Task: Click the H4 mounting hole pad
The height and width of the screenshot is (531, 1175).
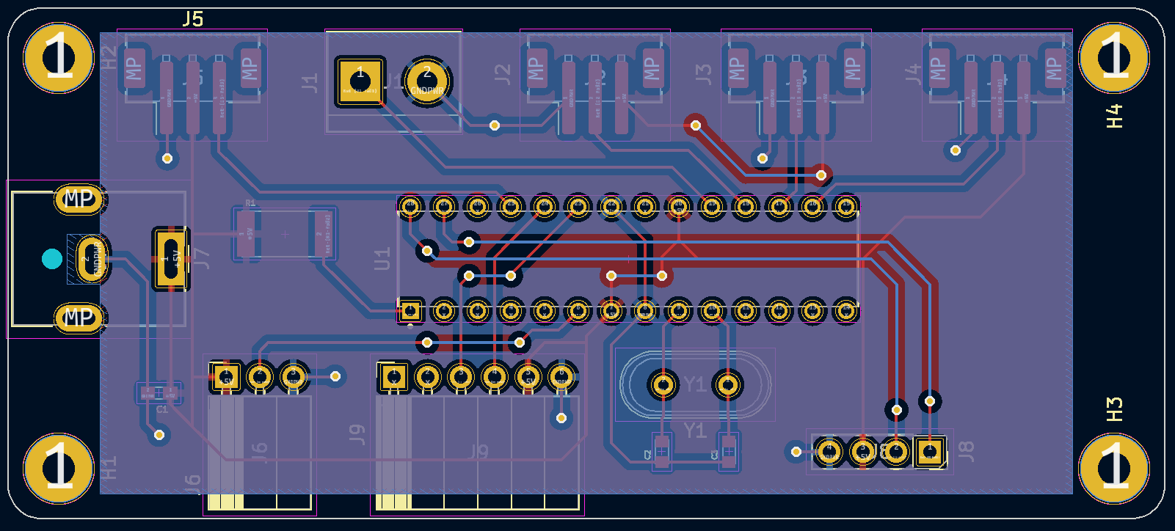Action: (x=1114, y=58)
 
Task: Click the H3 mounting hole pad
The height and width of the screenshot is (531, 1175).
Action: (x=1114, y=468)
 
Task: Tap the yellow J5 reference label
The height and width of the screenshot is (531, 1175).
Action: (x=193, y=19)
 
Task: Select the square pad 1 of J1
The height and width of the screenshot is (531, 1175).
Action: (x=360, y=81)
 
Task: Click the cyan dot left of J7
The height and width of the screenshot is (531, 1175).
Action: (x=51, y=258)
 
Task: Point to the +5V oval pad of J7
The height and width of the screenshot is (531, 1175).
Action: (x=171, y=258)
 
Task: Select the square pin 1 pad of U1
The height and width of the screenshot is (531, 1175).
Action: (x=410, y=311)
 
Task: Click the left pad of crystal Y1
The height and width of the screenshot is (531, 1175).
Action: (x=663, y=384)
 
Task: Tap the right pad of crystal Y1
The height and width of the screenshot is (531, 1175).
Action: (x=727, y=384)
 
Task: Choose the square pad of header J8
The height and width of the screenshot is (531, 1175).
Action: (x=930, y=452)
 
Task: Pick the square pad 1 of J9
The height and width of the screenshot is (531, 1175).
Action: (x=393, y=378)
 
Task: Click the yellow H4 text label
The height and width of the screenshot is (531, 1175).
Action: (x=1114, y=116)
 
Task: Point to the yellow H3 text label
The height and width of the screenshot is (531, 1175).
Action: (x=1114, y=409)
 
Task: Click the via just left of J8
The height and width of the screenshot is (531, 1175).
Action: (x=796, y=451)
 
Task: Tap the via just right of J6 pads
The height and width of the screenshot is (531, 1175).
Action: (x=335, y=376)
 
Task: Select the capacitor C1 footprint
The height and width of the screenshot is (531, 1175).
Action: (x=159, y=393)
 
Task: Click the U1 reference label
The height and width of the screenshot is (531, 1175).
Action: (x=382, y=259)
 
